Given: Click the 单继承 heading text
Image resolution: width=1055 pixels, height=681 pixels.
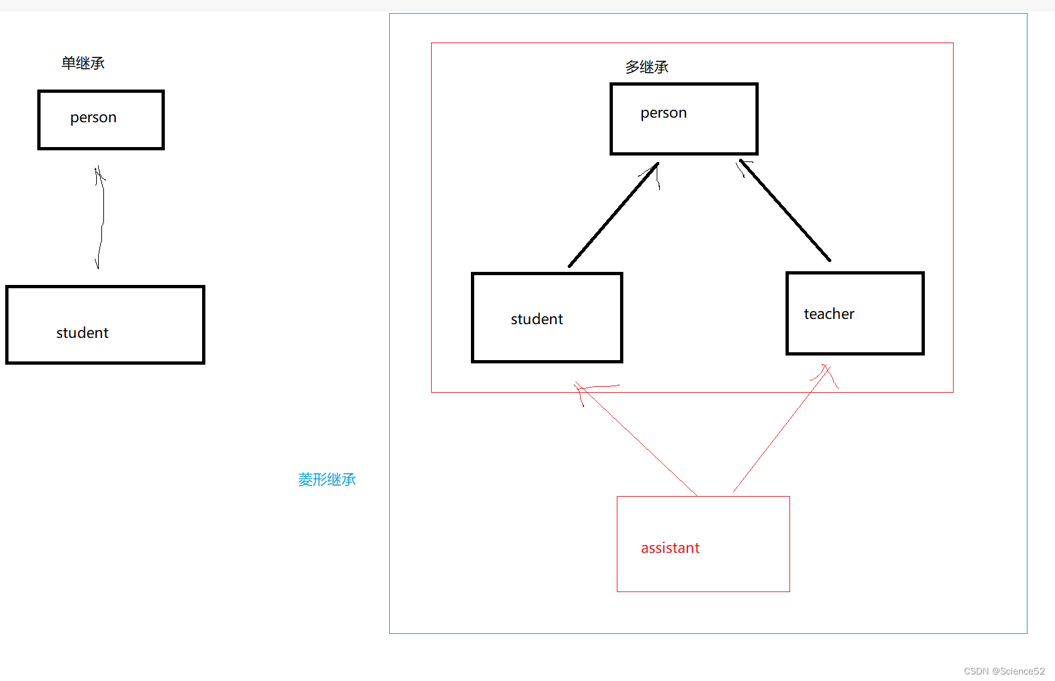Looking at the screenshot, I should pos(83,63).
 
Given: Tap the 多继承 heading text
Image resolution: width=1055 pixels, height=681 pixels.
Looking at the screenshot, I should pos(647,67).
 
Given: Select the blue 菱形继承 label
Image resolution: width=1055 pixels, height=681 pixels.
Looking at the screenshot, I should pos(327,480).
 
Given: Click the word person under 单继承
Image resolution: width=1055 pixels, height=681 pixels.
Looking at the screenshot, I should pos(94,118).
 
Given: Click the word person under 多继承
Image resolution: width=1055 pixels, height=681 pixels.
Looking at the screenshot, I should pos(663,113).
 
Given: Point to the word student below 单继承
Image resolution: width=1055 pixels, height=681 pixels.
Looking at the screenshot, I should pos(82,333).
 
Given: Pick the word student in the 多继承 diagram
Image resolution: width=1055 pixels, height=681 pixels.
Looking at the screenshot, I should pos(536,319).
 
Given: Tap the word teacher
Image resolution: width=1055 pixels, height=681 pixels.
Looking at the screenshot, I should pos(829,314).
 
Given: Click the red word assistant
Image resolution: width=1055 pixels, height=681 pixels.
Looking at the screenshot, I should pos(670,548).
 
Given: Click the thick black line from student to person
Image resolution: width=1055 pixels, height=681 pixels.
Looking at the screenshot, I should pos(614,215).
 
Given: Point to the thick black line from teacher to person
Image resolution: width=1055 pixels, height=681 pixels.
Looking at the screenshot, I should pos(786,210).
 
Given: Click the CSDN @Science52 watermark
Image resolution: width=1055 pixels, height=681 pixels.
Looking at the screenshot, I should pos(1004,671).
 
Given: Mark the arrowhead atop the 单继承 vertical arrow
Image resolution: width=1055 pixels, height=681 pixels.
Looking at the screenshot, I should pos(99,173).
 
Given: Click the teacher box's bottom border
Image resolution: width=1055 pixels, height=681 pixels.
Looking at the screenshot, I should pos(855,354).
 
